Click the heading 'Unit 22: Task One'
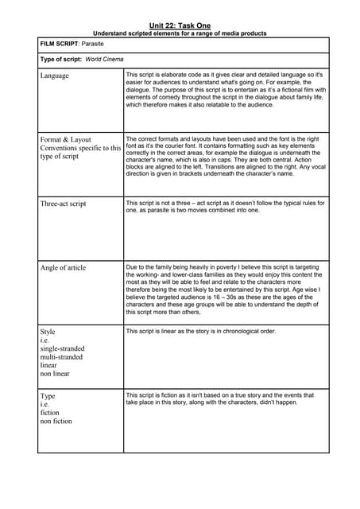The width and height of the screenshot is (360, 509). [x=180, y=25]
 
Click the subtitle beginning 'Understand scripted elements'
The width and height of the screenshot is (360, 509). [x=180, y=33]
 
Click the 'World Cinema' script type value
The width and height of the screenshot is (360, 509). [x=104, y=59]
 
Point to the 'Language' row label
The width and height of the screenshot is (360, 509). [x=54, y=76]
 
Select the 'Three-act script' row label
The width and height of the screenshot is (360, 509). [x=63, y=204]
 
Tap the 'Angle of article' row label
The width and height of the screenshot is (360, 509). [x=63, y=267]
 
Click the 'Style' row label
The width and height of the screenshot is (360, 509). [x=48, y=331]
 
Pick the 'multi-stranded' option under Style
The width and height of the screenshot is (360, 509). [x=61, y=357]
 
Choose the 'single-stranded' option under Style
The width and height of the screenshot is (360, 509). [x=62, y=348]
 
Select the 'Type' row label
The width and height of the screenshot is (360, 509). [x=48, y=395]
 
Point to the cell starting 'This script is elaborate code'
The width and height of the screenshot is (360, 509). [x=225, y=89]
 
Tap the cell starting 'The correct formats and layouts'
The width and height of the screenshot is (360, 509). [x=225, y=155]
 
